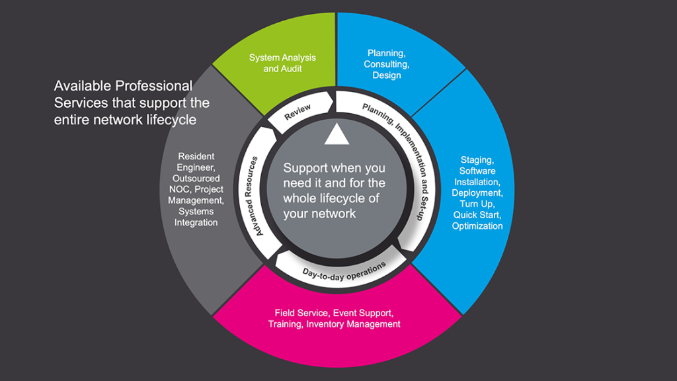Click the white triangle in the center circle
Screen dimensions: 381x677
(x=337, y=135)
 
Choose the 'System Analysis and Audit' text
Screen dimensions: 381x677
(x=282, y=63)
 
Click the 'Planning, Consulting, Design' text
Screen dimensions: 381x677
(x=387, y=64)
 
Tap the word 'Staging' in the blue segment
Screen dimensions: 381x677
(x=477, y=160)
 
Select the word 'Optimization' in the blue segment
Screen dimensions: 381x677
(x=477, y=226)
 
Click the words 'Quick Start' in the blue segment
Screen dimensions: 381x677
(x=477, y=215)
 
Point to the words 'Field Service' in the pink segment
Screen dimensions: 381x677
(x=301, y=313)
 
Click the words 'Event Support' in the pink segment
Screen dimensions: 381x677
(x=364, y=313)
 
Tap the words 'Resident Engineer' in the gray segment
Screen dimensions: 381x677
(x=196, y=162)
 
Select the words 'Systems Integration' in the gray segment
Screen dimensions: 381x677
(x=196, y=217)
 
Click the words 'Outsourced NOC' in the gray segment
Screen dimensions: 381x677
(x=196, y=184)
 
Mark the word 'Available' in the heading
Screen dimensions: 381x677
(x=83, y=86)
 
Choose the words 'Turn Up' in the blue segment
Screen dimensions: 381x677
(x=477, y=204)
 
